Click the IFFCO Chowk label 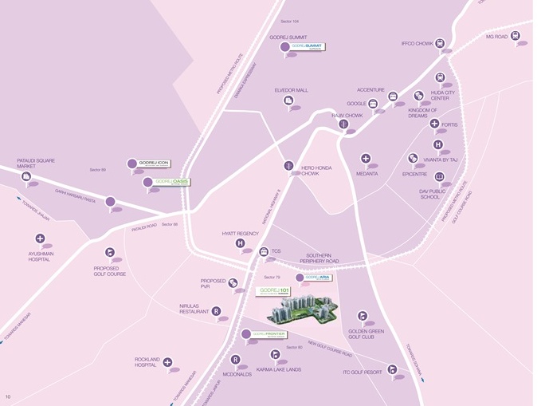pos(417,44)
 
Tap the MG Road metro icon pos(516,36)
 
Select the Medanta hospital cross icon pos(366,159)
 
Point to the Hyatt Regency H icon pos(241,243)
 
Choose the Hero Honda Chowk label pos(316,171)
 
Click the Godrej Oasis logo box pos(172,182)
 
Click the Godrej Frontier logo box pos(274,334)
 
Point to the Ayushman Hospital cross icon pos(40,238)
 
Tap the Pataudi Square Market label pos(35,164)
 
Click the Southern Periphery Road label pos(319,258)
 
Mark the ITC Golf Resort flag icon pos(392,369)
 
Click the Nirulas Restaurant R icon pos(216,311)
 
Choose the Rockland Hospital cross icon pos(167,362)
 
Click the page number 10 pos(8,396)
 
